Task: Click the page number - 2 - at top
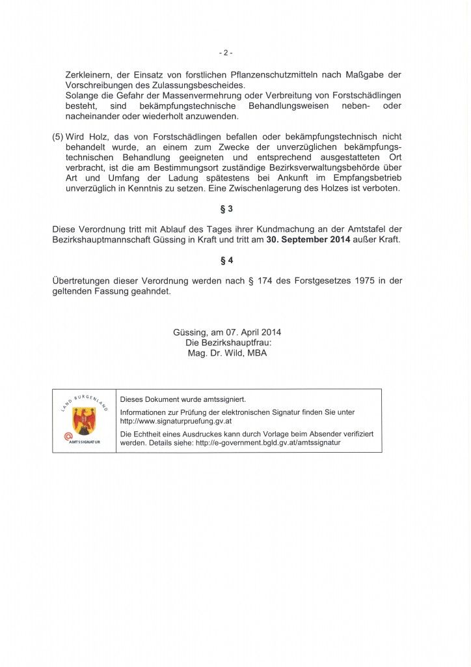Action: (x=226, y=53)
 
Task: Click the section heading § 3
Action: (x=226, y=209)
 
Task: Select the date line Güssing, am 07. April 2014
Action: (x=226, y=332)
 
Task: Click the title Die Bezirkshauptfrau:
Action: (x=226, y=343)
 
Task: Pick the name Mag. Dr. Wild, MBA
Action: (x=226, y=353)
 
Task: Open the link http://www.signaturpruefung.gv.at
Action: (x=176, y=421)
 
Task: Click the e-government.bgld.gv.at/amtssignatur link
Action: (x=268, y=442)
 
